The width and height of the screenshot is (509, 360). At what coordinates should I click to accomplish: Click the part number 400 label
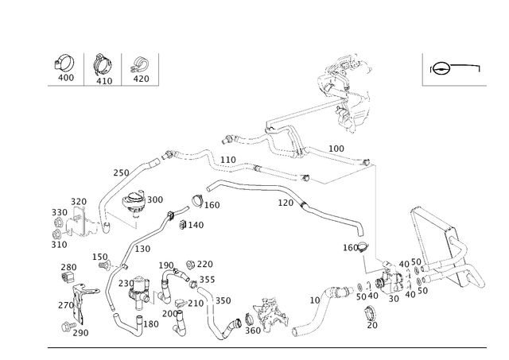66,78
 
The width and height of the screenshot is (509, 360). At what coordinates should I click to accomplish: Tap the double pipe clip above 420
140,64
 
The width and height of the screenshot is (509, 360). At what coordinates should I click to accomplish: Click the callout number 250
121,173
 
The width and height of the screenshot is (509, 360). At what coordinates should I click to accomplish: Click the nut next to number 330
59,223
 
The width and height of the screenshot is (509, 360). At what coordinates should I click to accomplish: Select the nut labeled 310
56,234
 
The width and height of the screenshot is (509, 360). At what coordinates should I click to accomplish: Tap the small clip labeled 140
183,224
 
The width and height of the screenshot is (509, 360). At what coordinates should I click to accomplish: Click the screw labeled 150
104,265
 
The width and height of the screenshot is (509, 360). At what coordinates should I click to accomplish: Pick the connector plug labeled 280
68,278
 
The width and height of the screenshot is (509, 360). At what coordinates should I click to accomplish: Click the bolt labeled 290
68,327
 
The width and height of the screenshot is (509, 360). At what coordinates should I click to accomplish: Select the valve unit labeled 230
140,291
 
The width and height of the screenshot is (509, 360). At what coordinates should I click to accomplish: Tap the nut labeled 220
191,265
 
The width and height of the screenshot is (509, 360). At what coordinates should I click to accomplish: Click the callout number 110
228,160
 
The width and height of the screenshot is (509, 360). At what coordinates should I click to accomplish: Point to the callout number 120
286,203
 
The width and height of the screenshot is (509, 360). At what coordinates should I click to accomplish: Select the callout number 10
315,300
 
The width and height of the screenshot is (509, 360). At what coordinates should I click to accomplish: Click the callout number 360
253,331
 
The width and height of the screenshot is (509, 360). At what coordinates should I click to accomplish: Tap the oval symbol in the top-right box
441,68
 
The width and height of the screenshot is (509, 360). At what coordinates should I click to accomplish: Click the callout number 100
336,149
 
